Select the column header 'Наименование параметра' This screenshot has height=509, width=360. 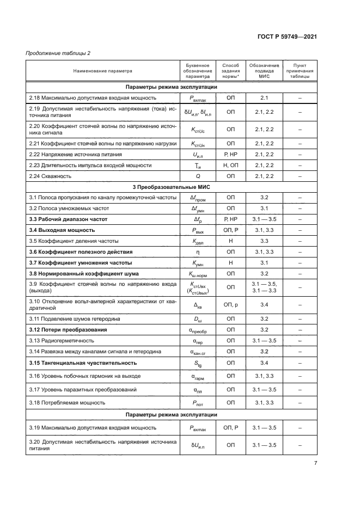coord(103,71)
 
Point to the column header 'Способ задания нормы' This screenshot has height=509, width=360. coord(230,71)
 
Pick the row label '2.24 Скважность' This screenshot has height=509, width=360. coord(50,176)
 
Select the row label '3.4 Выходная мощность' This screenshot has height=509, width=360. coord(62,230)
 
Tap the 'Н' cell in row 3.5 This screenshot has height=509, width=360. coord(230,241)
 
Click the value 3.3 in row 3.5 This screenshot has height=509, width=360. coord(265,241)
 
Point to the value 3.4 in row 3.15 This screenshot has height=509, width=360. coord(265,363)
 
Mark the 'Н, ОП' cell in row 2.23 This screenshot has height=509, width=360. coord(230,165)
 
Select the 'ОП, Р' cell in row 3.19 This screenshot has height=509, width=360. coord(230,428)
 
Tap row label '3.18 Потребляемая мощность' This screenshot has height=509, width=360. coord(67,403)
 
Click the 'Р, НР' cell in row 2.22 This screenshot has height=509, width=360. coord(230,155)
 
